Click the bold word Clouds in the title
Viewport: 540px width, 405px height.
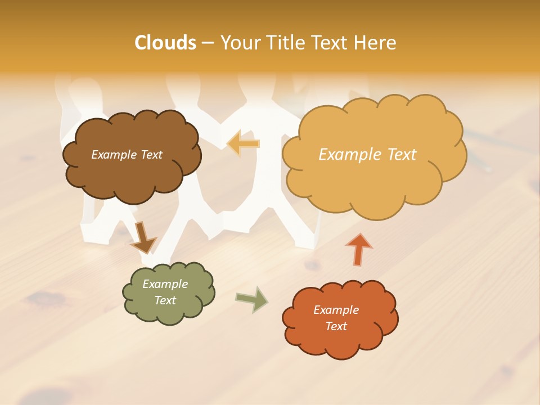click(x=165, y=43)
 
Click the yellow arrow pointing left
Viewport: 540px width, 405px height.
click(x=243, y=143)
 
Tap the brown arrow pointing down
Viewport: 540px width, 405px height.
click(x=143, y=237)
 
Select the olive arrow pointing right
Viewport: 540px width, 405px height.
click(x=253, y=299)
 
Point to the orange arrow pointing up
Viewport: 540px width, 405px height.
click(x=358, y=248)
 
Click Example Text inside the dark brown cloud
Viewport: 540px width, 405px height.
click(x=127, y=155)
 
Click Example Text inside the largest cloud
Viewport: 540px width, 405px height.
click(x=367, y=155)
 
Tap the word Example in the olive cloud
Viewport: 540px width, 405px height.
click(x=165, y=284)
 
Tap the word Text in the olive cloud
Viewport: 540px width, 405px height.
click(x=165, y=300)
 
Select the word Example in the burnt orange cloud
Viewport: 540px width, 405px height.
click(x=336, y=310)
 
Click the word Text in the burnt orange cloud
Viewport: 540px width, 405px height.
click(x=336, y=326)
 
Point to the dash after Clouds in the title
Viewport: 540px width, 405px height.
click(x=207, y=43)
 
